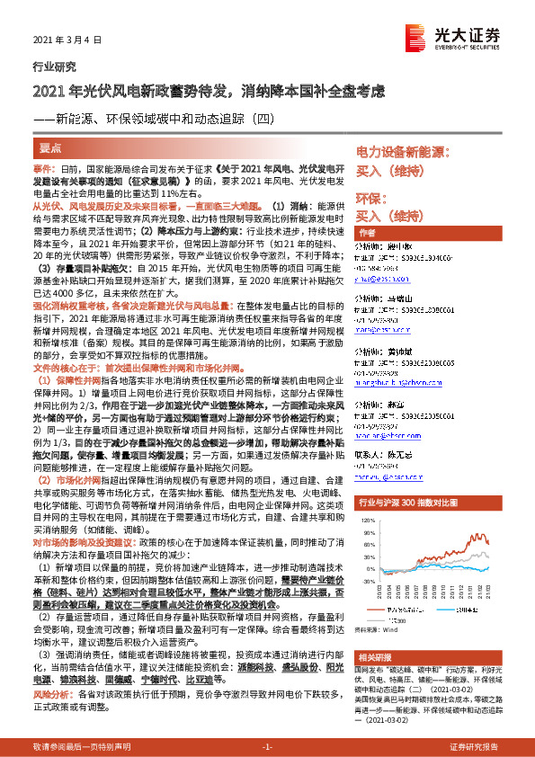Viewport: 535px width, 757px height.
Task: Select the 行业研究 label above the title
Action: pyautogui.click(x=49, y=67)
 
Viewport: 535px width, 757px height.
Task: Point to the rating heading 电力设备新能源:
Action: pyautogui.click(x=404, y=153)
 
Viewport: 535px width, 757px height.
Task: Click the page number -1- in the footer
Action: pyautogui.click(x=266, y=747)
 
